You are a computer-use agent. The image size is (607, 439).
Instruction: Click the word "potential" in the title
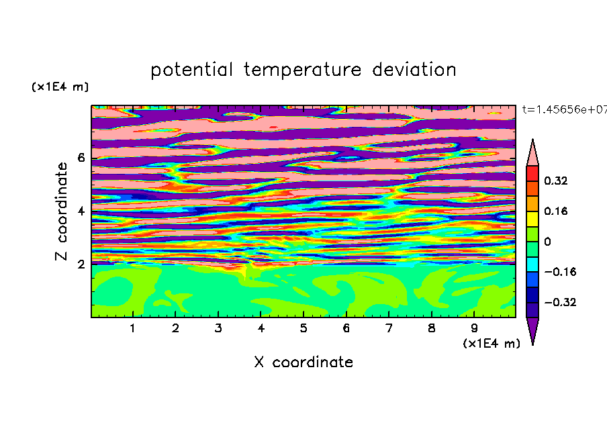pos(191,70)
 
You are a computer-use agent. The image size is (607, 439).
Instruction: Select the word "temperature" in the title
pos(302,70)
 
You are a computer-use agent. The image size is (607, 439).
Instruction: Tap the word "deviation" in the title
pos(414,70)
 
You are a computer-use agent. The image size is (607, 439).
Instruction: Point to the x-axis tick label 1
pos(133,328)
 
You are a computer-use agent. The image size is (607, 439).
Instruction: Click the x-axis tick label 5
pos(303,328)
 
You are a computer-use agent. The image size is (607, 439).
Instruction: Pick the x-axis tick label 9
pos(474,328)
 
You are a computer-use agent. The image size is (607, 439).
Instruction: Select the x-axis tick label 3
pos(218,328)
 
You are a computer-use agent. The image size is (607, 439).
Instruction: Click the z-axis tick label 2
pos(81,264)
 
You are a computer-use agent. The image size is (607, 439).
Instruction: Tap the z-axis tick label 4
pos(81,211)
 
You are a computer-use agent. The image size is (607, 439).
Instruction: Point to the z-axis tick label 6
pos(81,158)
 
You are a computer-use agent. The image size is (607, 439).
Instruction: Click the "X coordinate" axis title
pos(303,362)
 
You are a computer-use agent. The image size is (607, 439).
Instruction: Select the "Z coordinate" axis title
pos(62,211)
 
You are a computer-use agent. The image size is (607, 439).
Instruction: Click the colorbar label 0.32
pos(556,181)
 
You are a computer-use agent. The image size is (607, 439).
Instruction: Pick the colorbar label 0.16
pos(556,211)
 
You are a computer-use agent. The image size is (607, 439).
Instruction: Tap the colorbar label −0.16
pos(560,272)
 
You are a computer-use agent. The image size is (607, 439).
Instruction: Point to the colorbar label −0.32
pos(560,302)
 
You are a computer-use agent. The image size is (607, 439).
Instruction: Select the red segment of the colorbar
pos(532,173)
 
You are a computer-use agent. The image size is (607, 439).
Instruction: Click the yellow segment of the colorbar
pos(532,219)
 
